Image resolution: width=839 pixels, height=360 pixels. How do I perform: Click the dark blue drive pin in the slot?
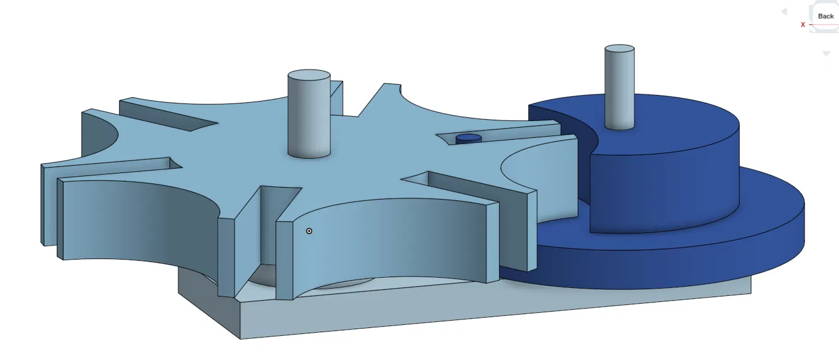[468, 139]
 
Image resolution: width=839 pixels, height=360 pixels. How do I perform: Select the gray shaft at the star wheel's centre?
[309, 121]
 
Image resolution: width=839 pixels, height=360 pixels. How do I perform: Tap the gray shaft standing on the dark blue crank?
[619, 91]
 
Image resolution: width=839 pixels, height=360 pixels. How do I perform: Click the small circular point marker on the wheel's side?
[309, 231]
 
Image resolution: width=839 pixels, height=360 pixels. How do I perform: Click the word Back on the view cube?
[826, 16]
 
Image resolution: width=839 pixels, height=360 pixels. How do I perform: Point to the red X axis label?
[803, 25]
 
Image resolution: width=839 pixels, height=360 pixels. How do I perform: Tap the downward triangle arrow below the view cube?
[826, 54]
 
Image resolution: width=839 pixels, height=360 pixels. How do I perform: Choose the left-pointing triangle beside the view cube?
[784, 11]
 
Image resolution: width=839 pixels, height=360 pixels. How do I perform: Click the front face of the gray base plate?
[484, 312]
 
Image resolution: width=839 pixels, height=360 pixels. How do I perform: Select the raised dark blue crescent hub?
[665, 182]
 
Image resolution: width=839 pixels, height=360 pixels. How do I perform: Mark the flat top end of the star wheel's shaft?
[309, 76]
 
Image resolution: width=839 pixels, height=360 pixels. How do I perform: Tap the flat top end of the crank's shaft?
[619, 48]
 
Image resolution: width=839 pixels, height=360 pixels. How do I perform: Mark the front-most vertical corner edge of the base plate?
[240, 320]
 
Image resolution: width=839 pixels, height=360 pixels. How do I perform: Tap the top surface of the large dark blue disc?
[768, 194]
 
